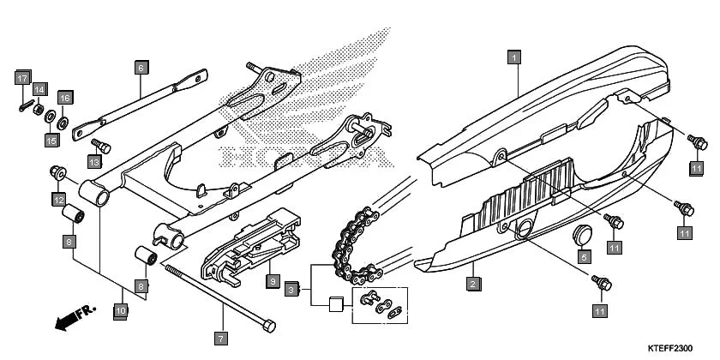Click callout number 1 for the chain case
pyautogui.click(x=513, y=58)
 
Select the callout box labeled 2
pyautogui.click(x=471, y=282)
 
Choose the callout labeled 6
pyautogui.click(x=141, y=65)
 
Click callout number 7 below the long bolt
pyautogui.click(x=220, y=339)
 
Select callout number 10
pyautogui.click(x=121, y=309)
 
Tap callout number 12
pyautogui.click(x=59, y=200)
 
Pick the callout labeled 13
pyautogui.click(x=94, y=161)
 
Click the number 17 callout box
pyautogui.click(x=21, y=78)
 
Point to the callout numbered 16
pyautogui.click(x=64, y=97)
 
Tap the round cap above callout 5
pyautogui.click(x=583, y=232)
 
